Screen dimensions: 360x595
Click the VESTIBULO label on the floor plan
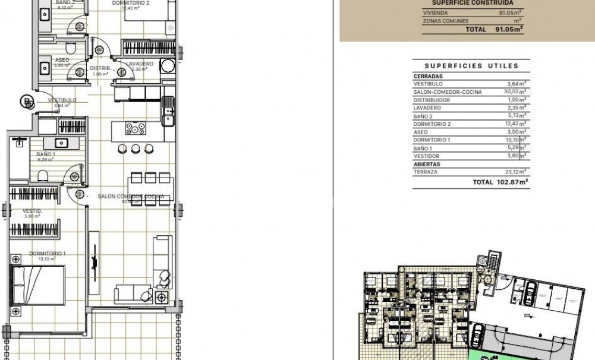click(62, 100)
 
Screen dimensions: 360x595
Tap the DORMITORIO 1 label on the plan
click(47, 254)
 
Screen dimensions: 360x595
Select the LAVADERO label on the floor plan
click(140, 64)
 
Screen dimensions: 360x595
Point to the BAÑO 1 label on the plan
click(46, 154)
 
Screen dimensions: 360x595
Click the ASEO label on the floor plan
click(62, 60)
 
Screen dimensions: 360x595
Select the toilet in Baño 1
click(43, 175)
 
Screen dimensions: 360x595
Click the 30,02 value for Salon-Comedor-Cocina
click(512, 92)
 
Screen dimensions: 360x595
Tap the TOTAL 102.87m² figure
click(500, 182)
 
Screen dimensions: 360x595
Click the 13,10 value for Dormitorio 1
click(512, 140)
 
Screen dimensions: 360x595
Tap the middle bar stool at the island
click(136, 149)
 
